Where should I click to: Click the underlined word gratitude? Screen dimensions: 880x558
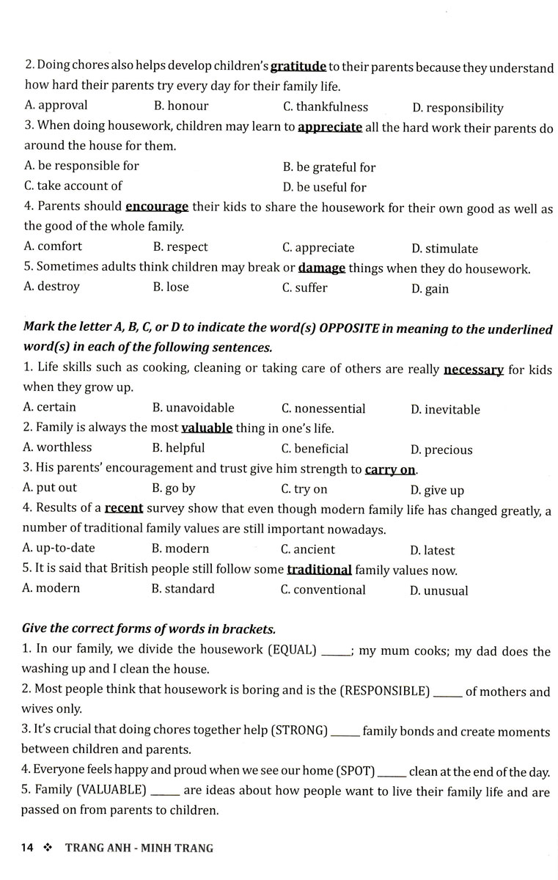(x=298, y=67)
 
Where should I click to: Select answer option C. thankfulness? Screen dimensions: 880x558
(x=326, y=107)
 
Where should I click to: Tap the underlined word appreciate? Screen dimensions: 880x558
(x=330, y=127)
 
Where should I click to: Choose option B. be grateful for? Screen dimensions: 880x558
(x=329, y=168)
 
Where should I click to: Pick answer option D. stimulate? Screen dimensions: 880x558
(x=444, y=249)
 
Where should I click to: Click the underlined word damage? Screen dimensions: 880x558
(x=322, y=268)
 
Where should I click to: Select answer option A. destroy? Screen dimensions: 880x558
(x=51, y=287)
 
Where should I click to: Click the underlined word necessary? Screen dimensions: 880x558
(x=473, y=369)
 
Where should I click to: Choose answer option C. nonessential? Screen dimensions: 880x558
(x=323, y=408)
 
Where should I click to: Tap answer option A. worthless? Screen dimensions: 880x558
(x=57, y=447)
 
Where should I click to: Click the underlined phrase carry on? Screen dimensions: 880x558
(x=390, y=469)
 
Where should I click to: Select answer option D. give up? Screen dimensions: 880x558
(x=437, y=491)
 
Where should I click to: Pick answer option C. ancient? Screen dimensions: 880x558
(x=308, y=549)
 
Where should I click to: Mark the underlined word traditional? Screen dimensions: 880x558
(x=319, y=570)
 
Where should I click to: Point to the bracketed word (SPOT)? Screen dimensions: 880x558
(x=356, y=771)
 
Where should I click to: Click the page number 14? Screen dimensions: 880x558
(x=28, y=848)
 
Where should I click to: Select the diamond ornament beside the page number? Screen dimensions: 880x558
(x=49, y=848)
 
